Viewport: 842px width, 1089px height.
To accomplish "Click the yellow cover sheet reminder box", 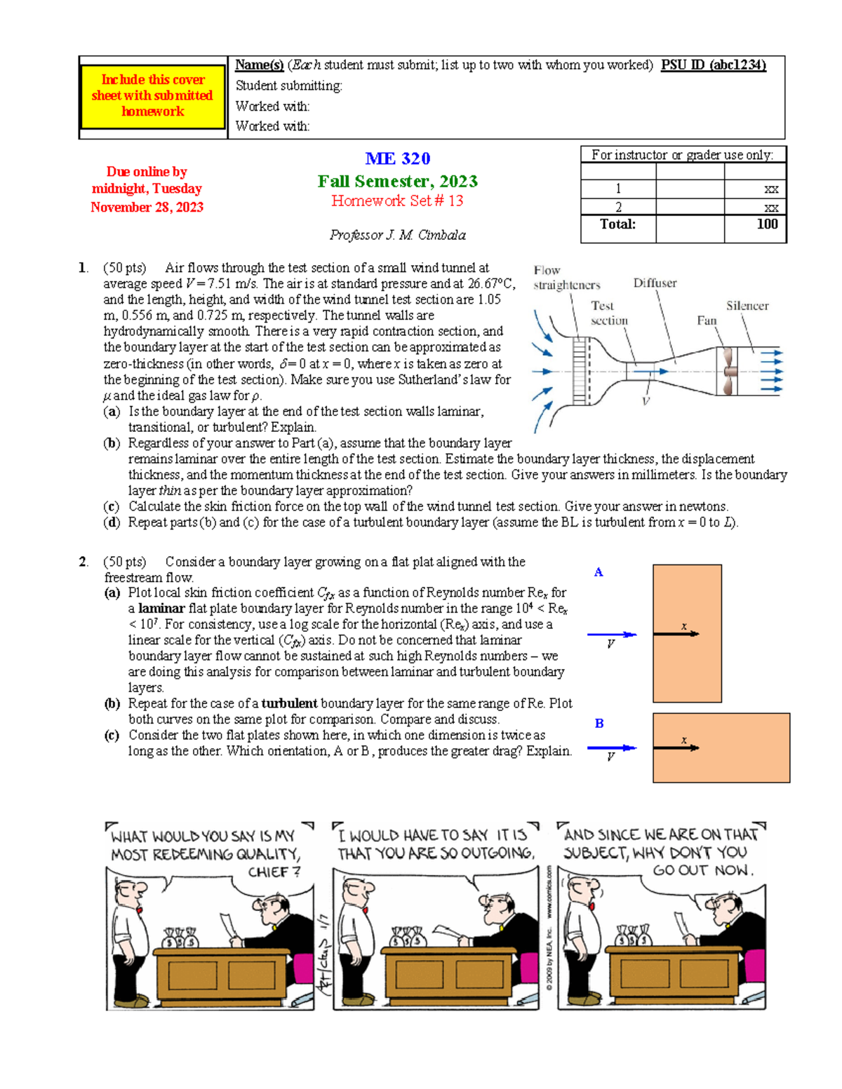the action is pyautogui.click(x=152, y=97).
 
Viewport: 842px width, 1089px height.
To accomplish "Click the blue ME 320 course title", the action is pyautogui.click(x=398, y=158).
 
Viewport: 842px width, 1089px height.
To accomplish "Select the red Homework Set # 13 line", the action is pyautogui.click(x=397, y=201).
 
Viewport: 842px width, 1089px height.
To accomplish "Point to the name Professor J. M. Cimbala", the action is pyautogui.click(x=398, y=235).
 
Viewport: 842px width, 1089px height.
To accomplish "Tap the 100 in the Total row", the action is pyautogui.click(x=768, y=224).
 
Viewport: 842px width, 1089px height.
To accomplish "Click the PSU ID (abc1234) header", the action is pyautogui.click(x=713, y=65).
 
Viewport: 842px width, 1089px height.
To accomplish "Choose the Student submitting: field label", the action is pyautogui.click(x=289, y=86).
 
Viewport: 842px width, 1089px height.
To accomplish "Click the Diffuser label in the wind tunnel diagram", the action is pyautogui.click(x=655, y=283).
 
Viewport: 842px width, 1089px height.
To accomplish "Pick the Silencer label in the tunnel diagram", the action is pyautogui.click(x=747, y=306).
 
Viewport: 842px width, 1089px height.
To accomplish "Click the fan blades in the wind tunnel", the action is pyautogui.click(x=728, y=372).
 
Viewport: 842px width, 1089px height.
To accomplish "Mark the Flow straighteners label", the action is pyautogui.click(x=566, y=278).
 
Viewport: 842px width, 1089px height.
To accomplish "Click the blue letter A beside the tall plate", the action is pyautogui.click(x=599, y=572).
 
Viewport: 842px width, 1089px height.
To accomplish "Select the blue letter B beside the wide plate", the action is pyautogui.click(x=599, y=723).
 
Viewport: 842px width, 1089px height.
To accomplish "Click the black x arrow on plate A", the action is pyautogui.click(x=676, y=634).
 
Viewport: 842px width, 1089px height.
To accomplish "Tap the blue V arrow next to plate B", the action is pyautogui.click(x=612, y=748).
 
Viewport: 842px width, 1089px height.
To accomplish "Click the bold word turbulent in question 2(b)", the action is pyautogui.click(x=289, y=703).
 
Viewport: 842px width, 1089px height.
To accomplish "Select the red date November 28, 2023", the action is pyautogui.click(x=147, y=207).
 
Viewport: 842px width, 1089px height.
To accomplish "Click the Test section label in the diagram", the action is pyautogui.click(x=608, y=313).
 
